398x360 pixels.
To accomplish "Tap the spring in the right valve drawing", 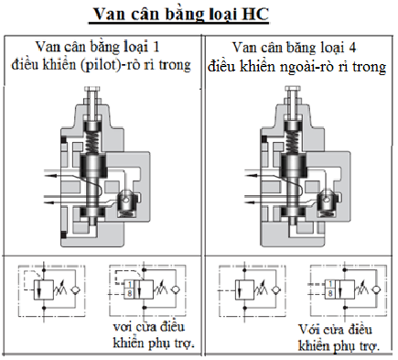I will (290, 139).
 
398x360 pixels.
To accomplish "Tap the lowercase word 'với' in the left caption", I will (121, 328).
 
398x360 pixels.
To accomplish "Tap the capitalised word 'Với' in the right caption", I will (310, 329).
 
